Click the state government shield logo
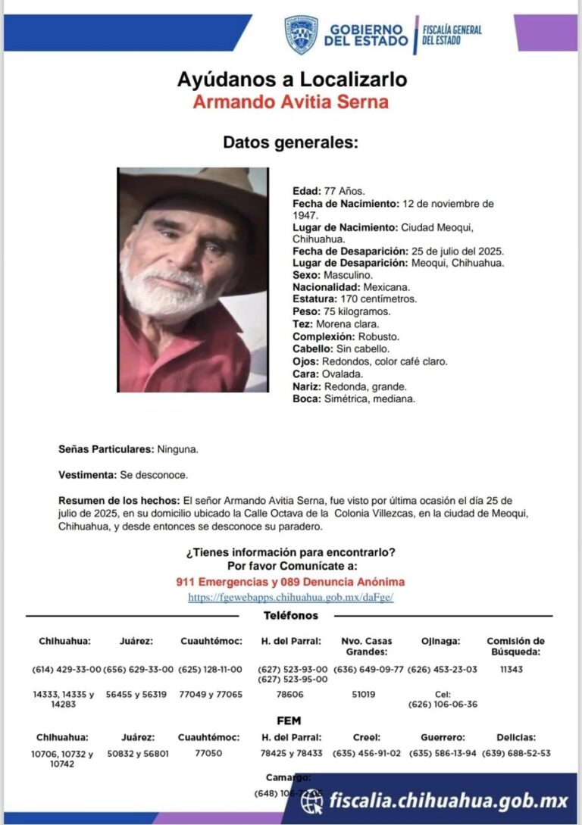(x=301, y=35)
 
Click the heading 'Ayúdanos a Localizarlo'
(x=292, y=79)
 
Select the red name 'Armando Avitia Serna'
(x=290, y=102)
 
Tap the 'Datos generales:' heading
(x=290, y=142)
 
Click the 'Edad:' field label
(x=306, y=191)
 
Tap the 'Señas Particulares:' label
(x=106, y=449)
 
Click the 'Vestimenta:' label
(x=88, y=475)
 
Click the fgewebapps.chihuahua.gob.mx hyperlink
(x=290, y=598)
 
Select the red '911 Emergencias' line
(x=290, y=582)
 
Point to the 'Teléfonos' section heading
(x=291, y=616)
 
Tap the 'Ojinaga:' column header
(x=441, y=641)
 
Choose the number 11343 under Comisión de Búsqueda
(x=512, y=670)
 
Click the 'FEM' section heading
(x=290, y=720)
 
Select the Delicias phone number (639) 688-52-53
(x=516, y=754)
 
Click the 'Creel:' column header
(x=366, y=737)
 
